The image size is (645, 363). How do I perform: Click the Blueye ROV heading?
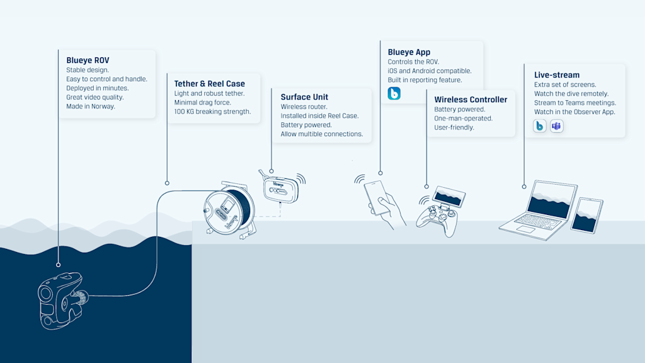pos(88,60)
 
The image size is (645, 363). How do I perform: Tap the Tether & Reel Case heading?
pos(209,83)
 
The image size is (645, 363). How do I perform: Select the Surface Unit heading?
pos(304,97)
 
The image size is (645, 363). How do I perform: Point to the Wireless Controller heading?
pos(471,100)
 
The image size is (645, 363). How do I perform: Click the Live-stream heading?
pos(557,75)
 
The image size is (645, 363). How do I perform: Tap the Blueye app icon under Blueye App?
pos(394,94)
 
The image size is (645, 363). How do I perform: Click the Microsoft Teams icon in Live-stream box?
pos(557,126)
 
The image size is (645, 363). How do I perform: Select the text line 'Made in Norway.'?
pos(91,107)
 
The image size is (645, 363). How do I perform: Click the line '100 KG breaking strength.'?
pos(212,112)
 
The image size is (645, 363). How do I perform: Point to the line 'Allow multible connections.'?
pos(321,134)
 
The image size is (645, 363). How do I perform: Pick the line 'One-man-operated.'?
pos(463,118)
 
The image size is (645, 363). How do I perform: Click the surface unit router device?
pos(280,187)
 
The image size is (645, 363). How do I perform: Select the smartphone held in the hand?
pos(377,197)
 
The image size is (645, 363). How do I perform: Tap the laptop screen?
pos(551,199)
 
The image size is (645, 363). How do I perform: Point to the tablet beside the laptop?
pos(586,215)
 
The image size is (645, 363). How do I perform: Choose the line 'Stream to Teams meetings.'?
pos(574,103)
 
